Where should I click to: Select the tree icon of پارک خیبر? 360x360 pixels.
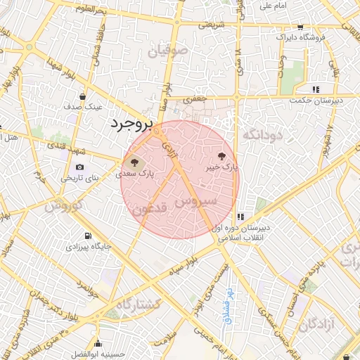click(x=223, y=156)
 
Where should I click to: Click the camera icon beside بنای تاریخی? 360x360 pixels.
click(x=79, y=167)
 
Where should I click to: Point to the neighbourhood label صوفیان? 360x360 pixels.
click(x=169, y=50)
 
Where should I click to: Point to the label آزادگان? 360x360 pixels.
click(x=321, y=324)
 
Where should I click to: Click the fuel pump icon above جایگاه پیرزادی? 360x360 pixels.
click(x=87, y=236)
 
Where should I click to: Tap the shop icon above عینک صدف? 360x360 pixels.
click(x=84, y=96)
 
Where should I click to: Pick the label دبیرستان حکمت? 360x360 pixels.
click(x=314, y=101)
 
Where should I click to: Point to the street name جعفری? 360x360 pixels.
click(x=195, y=101)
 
